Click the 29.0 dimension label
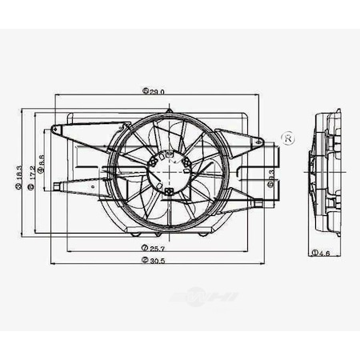point(158,91)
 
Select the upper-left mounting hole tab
point(55,130)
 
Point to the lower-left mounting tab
point(55,188)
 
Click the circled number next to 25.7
point(142,249)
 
